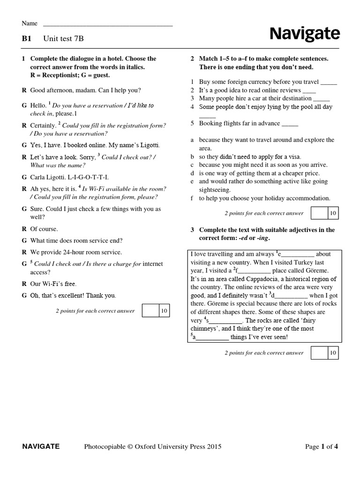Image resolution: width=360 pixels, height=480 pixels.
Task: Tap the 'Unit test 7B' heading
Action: pos(64,39)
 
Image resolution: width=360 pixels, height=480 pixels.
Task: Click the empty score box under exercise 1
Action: pos(150,310)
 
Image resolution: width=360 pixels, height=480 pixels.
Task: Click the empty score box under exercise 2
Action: pos(319,213)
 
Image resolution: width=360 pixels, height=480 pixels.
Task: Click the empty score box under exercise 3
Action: pos(319,352)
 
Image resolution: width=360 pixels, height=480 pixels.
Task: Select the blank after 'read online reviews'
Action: pos(309,90)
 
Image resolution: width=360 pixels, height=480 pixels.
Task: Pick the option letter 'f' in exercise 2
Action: pos(192,198)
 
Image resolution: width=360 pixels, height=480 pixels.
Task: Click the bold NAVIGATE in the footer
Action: pos(41,446)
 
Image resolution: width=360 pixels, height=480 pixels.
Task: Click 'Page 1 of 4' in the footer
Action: pos(321,447)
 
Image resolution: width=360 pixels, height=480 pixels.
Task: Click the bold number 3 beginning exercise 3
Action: pos(192,230)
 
